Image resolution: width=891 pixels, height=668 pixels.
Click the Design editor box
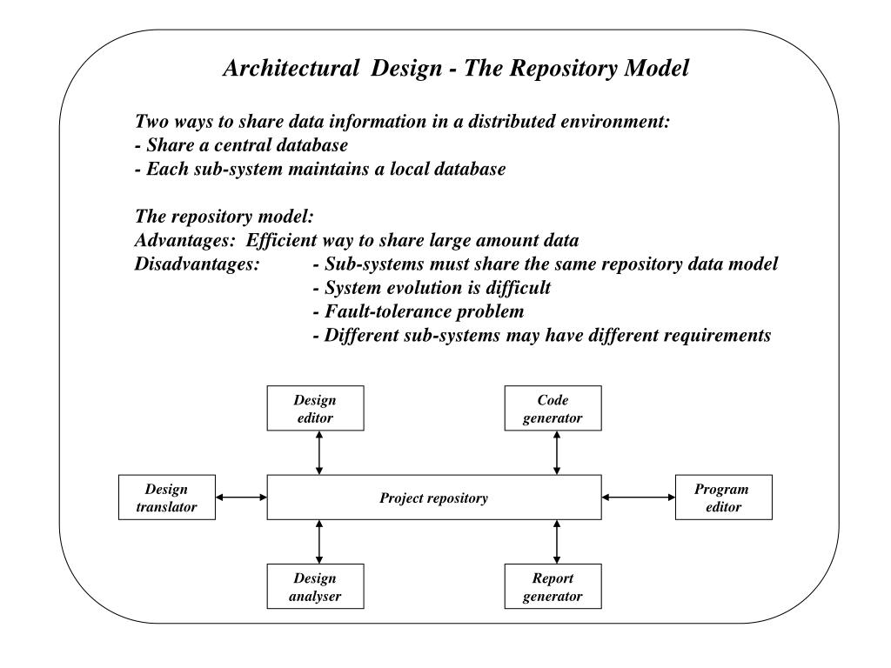[315, 409]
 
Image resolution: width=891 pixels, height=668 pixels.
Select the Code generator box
[553, 409]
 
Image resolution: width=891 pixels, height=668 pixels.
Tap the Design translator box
[167, 498]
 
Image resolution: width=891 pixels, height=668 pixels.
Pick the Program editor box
[724, 498]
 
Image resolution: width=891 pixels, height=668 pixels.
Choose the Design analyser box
[315, 586]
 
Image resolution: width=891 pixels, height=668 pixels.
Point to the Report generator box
[553, 586]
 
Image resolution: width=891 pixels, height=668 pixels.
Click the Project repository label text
[433, 498]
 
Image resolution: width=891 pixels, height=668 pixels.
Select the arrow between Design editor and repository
[319, 452]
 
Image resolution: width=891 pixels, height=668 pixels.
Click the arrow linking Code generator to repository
[557, 452]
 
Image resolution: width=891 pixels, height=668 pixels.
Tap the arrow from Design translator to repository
[242, 498]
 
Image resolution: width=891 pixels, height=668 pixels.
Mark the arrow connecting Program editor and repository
[639, 498]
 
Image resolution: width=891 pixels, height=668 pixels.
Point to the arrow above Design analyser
[319, 542]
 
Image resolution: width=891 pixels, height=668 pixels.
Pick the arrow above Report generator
[557, 542]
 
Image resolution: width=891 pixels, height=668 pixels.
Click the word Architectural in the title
[291, 68]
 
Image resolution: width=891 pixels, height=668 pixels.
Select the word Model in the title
[657, 68]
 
